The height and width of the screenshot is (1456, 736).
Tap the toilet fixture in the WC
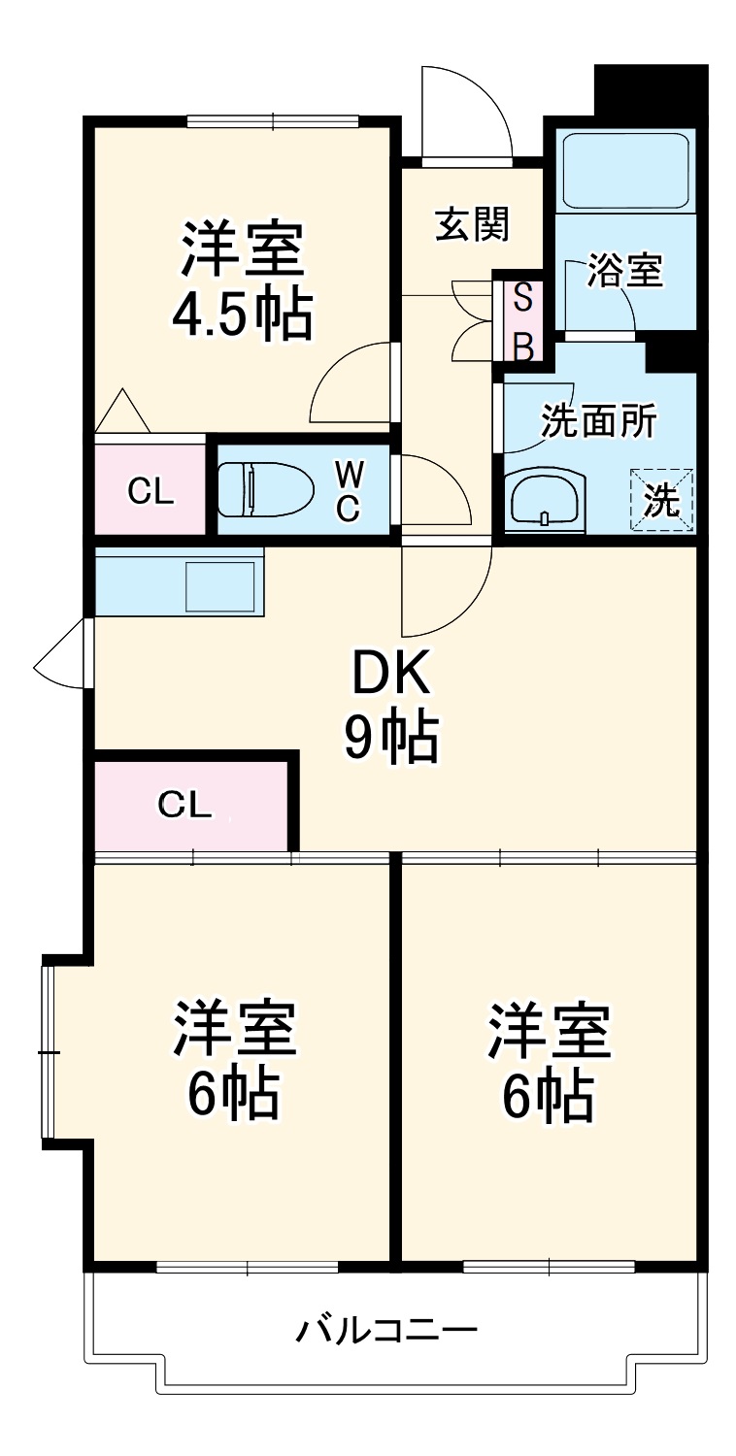click(x=264, y=489)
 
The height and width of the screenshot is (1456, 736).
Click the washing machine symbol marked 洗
click(x=662, y=500)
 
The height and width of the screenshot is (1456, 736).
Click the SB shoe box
click(x=522, y=322)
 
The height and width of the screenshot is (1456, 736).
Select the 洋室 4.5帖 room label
click(x=243, y=281)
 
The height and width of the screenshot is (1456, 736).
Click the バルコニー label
click(x=386, y=1329)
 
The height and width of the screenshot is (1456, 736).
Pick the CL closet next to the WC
click(x=151, y=491)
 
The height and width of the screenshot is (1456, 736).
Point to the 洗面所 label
click(x=598, y=422)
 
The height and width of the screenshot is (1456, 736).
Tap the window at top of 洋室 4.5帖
click(x=273, y=121)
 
